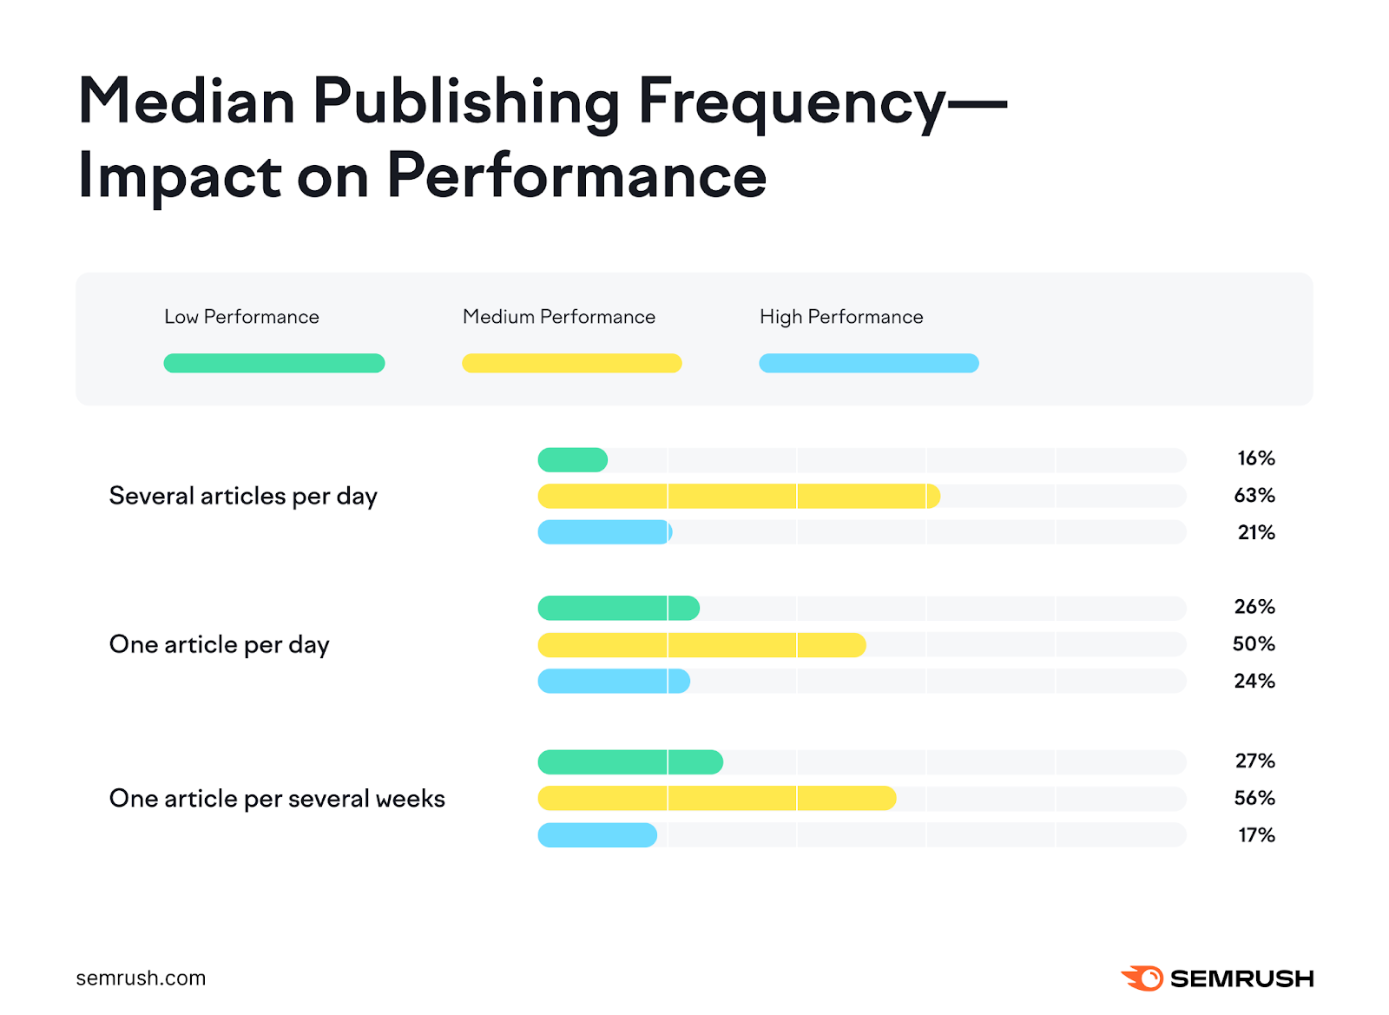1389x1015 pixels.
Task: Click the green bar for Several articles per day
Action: (x=572, y=460)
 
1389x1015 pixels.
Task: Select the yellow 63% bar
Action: (x=738, y=496)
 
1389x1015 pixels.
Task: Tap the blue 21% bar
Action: (x=604, y=532)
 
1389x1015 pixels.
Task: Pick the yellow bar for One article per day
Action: (x=701, y=645)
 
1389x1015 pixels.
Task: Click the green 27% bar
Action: (x=630, y=762)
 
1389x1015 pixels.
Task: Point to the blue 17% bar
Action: (x=597, y=835)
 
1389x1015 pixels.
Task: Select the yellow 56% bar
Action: (x=716, y=799)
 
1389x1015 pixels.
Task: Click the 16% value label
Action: (x=1255, y=458)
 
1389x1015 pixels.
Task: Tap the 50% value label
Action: (x=1254, y=644)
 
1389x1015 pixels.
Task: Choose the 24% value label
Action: (x=1254, y=682)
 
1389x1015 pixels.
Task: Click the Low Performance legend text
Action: (x=241, y=317)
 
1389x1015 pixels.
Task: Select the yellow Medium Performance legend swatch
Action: (x=571, y=363)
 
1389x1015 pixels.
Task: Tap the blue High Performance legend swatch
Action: (x=868, y=363)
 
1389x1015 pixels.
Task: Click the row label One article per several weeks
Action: (x=277, y=799)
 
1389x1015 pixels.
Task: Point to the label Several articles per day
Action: (x=243, y=497)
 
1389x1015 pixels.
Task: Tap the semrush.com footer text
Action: (x=141, y=979)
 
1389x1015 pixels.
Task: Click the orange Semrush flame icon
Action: (x=1142, y=979)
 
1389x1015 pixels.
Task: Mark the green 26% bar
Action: (x=618, y=609)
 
